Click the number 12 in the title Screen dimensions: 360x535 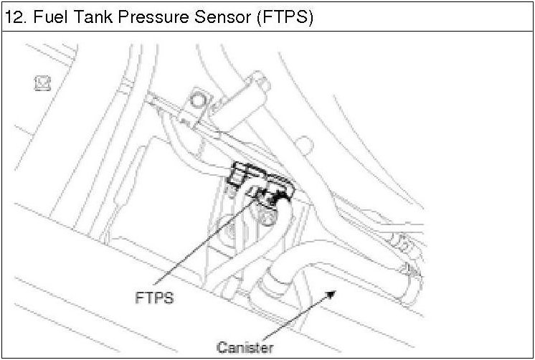14,17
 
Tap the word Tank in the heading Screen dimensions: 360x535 89,17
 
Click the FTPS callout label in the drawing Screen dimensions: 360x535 153,297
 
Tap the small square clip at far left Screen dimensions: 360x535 42,84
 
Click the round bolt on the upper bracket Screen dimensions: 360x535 198,100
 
